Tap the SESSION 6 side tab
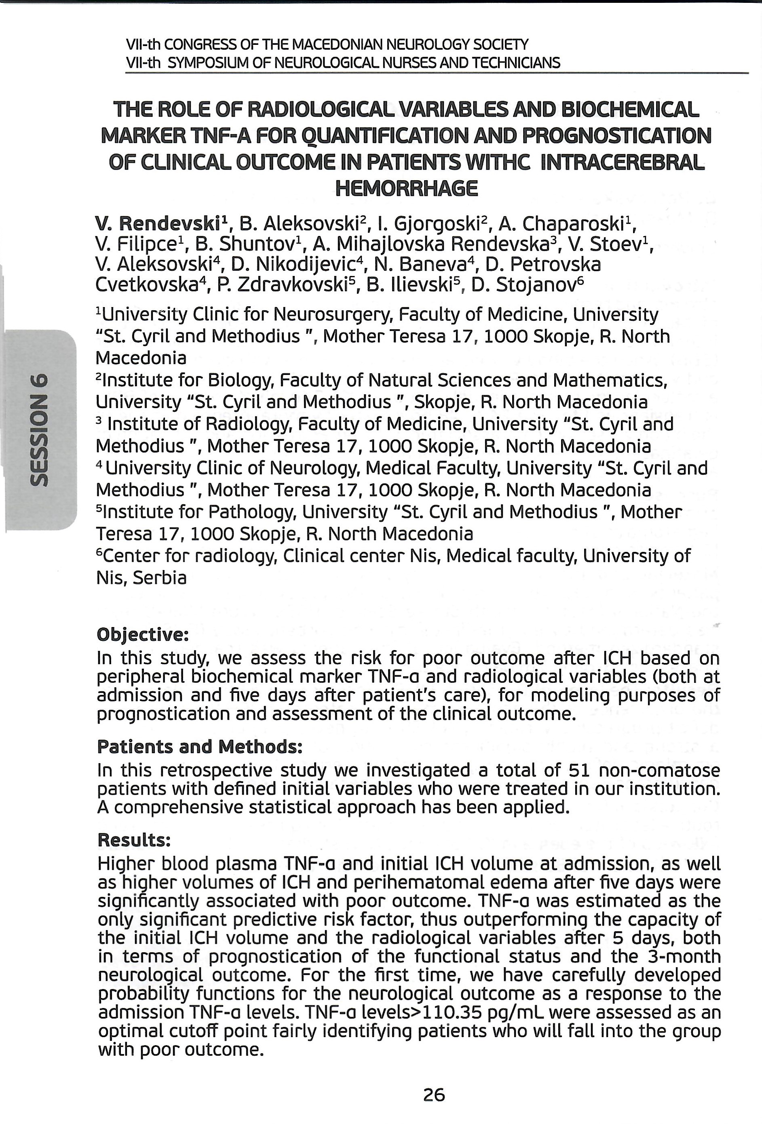39,429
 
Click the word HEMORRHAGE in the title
406,188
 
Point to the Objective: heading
143,635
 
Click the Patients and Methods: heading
200,747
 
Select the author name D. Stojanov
528,285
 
